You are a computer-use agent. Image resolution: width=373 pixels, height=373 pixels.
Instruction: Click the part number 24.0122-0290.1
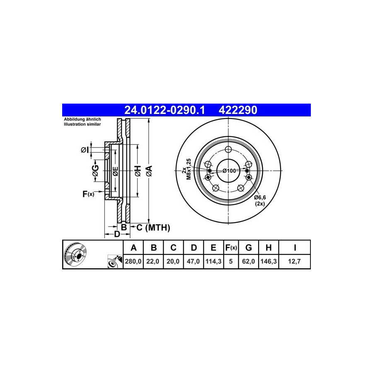(x=165, y=110)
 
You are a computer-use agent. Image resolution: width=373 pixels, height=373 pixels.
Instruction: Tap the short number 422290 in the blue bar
(x=238, y=110)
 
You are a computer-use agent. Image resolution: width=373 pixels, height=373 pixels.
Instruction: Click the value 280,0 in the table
(x=133, y=262)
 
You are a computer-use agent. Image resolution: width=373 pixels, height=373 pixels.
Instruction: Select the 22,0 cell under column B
(x=153, y=262)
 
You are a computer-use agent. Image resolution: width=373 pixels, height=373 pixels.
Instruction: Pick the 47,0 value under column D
(x=193, y=262)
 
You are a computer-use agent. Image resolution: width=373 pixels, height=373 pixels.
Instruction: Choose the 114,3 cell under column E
(x=213, y=262)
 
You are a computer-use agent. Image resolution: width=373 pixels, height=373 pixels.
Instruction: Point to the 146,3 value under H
(x=269, y=262)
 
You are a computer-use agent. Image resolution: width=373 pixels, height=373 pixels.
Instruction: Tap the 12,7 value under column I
(x=294, y=262)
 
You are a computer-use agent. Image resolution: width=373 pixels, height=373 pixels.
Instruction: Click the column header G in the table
(x=248, y=248)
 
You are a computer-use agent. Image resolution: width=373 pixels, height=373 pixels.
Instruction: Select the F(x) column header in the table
(x=231, y=248)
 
